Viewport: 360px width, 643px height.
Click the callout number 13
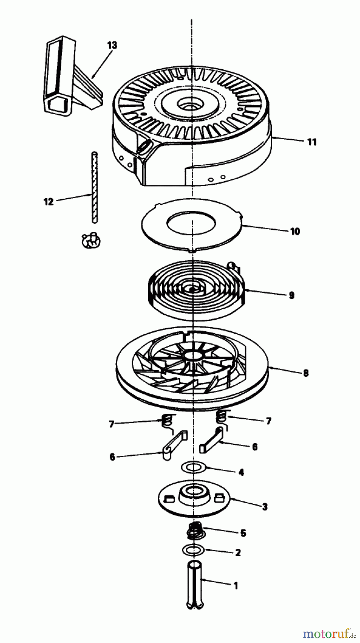(112, 45)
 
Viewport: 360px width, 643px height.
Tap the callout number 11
(311, 142)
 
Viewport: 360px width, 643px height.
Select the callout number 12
(48, 202)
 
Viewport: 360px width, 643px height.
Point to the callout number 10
(295, 231)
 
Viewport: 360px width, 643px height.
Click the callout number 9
(291, 295)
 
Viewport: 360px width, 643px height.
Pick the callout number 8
(305, 373)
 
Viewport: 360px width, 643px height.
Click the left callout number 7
(111, 424)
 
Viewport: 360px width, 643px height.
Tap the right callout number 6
(255, 447)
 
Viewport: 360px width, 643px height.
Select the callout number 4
(241, 473)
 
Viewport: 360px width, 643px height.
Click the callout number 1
(235, 586)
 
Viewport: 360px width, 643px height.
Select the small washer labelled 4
(194, 467)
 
